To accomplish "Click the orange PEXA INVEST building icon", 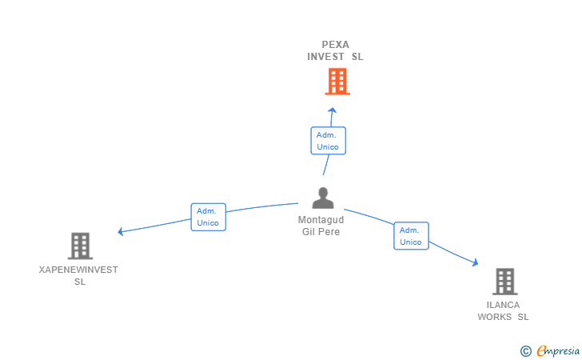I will point(337,81).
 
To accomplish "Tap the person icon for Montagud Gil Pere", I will point(323,198).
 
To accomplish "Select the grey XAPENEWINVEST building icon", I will point(80,246).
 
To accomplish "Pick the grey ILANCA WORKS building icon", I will point(504,281).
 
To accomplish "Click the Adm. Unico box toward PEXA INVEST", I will point(328,141).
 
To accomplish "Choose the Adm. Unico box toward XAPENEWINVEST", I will point(208,217).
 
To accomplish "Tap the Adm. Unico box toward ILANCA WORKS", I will point(411,236).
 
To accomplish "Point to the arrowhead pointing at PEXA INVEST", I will point(333,110).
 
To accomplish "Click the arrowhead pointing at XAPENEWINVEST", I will point(121,232).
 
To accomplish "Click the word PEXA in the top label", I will point(336,45).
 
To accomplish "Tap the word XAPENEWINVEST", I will point(78,270).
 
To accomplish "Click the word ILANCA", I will point(503,305).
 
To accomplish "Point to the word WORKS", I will point(494,317).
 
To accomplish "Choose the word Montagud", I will point(321,220).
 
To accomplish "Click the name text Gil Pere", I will point(321,232).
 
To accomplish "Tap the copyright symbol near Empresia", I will point(525,350).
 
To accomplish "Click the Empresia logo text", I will point(559,350).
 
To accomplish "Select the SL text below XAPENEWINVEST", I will point(80,282).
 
